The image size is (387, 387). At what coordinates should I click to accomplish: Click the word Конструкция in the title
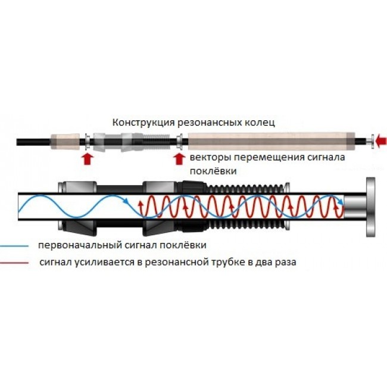tap(138, 123)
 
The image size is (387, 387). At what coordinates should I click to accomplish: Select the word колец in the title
tap(259, 123)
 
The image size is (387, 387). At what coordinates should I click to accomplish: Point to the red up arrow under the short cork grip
tap(88, 158)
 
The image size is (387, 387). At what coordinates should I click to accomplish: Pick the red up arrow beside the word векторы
tap(178, 158)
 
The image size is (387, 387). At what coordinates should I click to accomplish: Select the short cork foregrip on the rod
tap(66, 142)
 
